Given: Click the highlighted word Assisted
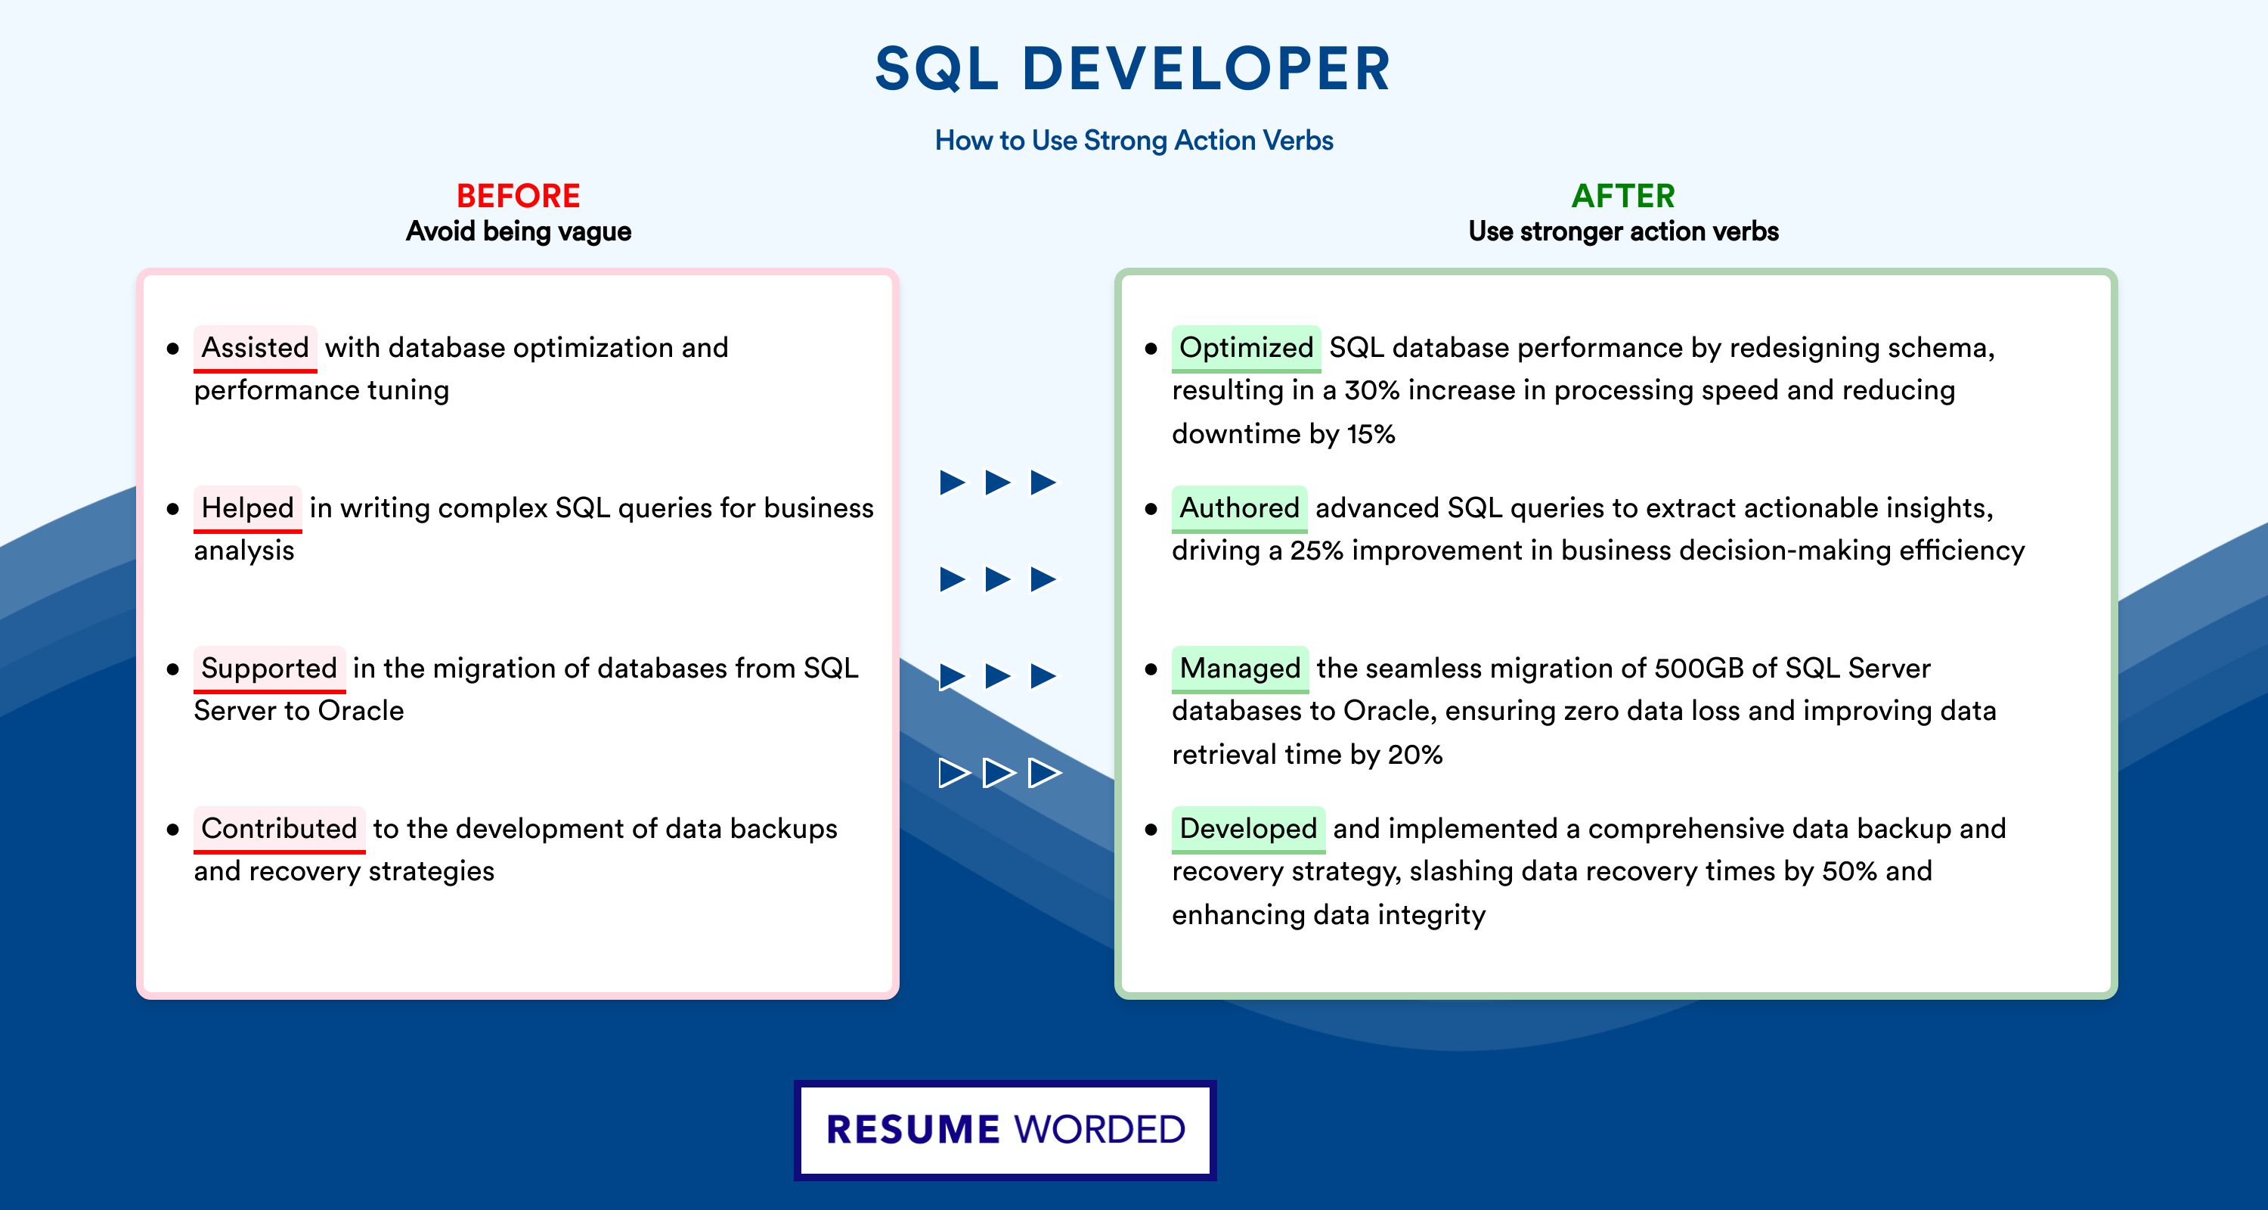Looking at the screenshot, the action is pos(256,348).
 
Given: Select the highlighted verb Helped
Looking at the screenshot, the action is pos(247,508).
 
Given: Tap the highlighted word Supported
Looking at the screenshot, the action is pos(269,669).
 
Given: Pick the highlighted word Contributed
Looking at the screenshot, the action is pos(279,829).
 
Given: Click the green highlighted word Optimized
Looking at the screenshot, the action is pos(1246,348).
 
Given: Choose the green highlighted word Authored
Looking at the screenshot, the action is pos(1239,508).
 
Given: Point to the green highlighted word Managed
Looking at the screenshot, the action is pos(1240,669).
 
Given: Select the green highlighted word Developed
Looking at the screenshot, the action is pos(1247,829).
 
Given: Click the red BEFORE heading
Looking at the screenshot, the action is pos(519,196).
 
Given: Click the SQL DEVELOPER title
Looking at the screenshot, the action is pos(1133,69).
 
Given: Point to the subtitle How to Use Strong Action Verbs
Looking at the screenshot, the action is pos(1134,140).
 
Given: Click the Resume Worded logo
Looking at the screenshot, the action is pos(1005,1130).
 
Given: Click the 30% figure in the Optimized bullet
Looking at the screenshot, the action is pos(1371,390).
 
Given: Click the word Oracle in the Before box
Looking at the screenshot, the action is pos(361,711).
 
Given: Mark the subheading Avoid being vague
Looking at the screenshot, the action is pos(519,231).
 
